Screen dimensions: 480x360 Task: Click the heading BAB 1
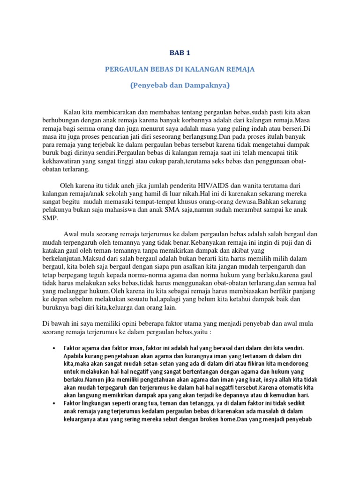coord(180,53)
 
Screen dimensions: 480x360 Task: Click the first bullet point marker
coord(55,348)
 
